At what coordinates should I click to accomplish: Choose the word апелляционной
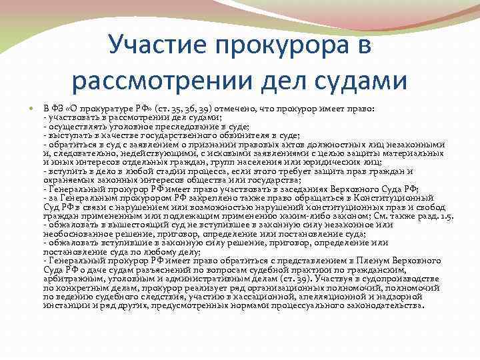pos(320,296)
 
